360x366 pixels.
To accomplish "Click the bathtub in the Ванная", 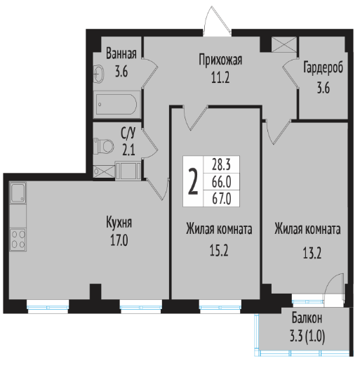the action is coord(116,105).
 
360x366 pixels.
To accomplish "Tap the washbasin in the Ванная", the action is coord(98,74).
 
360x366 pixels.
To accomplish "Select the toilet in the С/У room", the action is coord(103,146).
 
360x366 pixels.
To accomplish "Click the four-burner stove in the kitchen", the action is coord(18,240).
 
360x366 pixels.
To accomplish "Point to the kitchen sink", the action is coord(18,193).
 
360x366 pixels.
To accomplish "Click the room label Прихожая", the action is coord(220,60).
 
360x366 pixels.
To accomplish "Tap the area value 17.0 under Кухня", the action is coord(119,240).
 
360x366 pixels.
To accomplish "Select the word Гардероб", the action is coord(323,67).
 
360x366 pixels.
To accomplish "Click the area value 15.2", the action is coord(219,250).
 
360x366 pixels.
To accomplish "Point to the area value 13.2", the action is coord(312,253).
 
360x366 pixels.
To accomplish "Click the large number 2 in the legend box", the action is coord(193,182).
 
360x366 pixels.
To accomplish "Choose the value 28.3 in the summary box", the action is coord(221,164).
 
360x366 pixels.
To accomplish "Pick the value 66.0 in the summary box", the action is coord(222,182).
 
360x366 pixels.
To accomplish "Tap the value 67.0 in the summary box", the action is coord(222,199).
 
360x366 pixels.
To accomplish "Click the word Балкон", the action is coord(307,318).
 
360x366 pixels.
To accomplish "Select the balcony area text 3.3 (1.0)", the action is coord(307,337).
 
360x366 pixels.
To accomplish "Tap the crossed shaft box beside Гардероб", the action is coord(284,44).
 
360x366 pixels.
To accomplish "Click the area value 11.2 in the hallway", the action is coord(220,77).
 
